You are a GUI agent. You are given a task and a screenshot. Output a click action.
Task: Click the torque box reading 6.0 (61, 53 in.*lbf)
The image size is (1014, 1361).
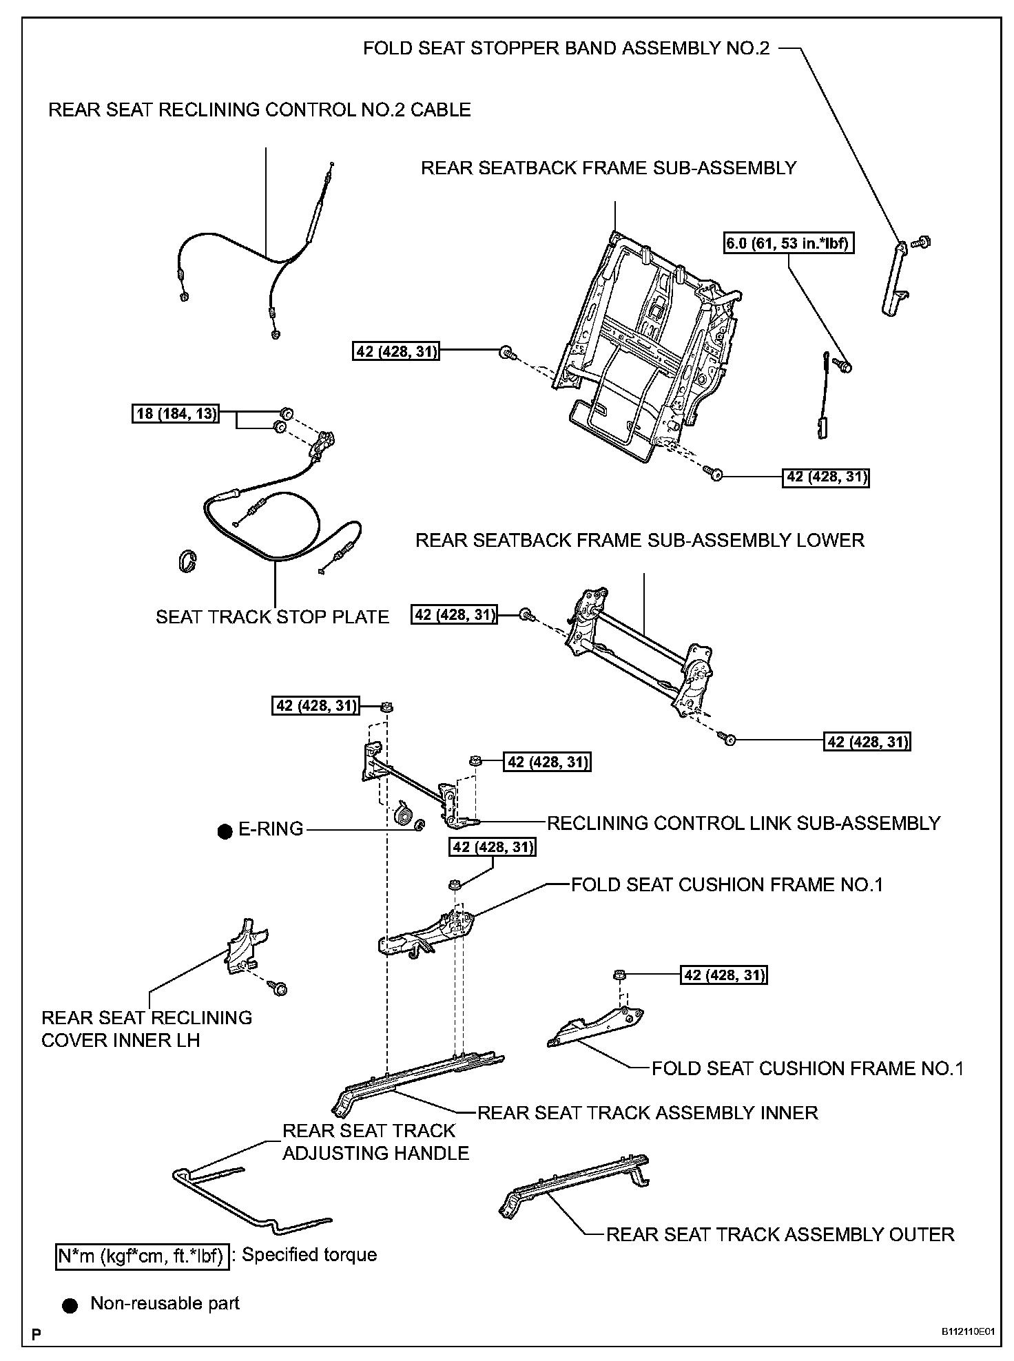tap(788, 243)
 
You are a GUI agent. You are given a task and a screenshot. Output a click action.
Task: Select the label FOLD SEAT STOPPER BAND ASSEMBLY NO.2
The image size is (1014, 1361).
tap(566, 48)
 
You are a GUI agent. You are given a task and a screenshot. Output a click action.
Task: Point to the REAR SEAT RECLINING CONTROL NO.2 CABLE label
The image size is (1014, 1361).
tap(260, 110)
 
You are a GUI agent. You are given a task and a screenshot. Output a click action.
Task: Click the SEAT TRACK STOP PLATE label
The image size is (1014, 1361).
tap(272, 617)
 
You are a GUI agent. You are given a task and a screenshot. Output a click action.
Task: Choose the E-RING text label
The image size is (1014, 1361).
tap(271, 829)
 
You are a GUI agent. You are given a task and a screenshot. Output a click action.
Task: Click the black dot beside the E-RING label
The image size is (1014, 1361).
tap(224, 831)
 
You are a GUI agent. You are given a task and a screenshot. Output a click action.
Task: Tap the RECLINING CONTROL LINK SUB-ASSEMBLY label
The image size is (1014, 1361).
tap(743, 823)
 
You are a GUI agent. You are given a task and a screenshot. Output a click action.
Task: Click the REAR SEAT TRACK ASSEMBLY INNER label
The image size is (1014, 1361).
tap(648, 1112)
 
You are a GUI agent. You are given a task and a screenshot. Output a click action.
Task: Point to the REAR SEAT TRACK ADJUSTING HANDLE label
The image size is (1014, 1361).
tap(375, 1142)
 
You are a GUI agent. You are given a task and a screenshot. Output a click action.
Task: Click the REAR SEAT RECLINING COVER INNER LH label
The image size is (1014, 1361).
tap(146, 1029)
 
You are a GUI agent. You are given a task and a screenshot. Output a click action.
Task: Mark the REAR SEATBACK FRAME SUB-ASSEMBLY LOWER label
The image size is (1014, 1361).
tap(639, 540)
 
